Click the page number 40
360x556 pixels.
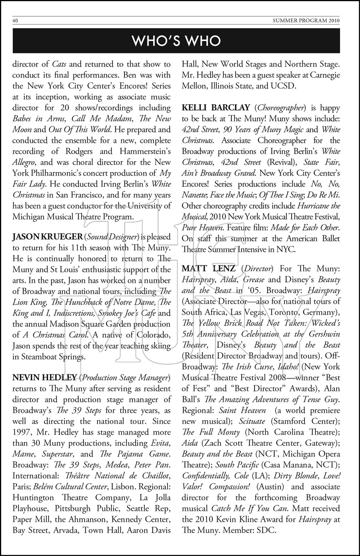15,21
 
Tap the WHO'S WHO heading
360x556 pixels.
176,41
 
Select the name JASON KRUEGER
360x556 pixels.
47,237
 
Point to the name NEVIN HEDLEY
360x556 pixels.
44,378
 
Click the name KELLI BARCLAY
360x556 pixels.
216,108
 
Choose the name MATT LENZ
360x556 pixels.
208,268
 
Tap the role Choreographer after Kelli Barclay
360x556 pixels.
281,108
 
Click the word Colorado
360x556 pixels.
152,335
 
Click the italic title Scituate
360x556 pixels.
252,421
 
